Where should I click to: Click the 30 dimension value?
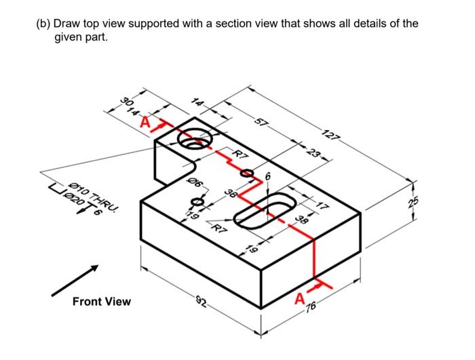pyautogui.click(x=126, y=103)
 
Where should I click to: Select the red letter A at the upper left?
pyautogui.click(x=145, y=123)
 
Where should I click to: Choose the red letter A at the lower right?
pyautogui.click(x=300, y=299)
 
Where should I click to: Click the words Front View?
pyautogui.click(x=101, y=301)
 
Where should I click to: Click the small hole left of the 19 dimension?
pyautogui.click(x=197, y=202)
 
